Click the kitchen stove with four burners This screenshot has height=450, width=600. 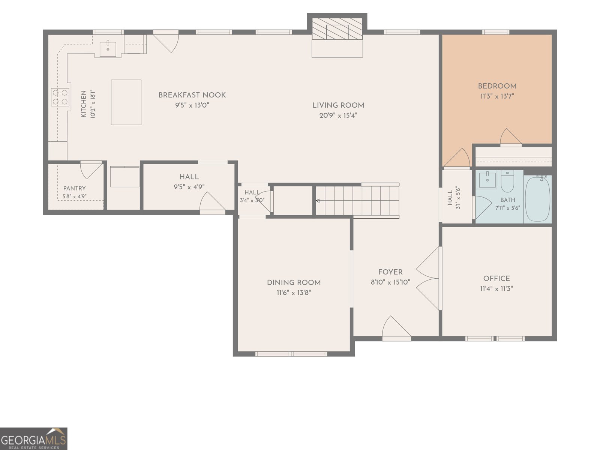coord(60,97)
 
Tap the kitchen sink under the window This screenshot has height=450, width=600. coord(108,49)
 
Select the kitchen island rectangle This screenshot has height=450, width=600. coord(126,102)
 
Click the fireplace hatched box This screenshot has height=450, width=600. coord(337,29)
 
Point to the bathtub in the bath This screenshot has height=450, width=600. coord(537,199)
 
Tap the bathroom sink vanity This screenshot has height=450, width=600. coord(487,180)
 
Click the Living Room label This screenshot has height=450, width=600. coord(338,105)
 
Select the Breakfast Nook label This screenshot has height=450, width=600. coord(192,95)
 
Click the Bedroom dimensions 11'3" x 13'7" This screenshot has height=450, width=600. coord(497,96)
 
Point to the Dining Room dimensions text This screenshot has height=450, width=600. coord(294,293)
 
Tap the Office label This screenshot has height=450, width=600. coord(496,279)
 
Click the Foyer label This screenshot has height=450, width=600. coord(390,272)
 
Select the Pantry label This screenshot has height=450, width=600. coord(74,188)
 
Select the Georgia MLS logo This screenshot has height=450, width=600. coord(34,439)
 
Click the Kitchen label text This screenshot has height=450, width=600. coord(84,104)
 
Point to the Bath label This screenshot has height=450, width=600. coord(508,200)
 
